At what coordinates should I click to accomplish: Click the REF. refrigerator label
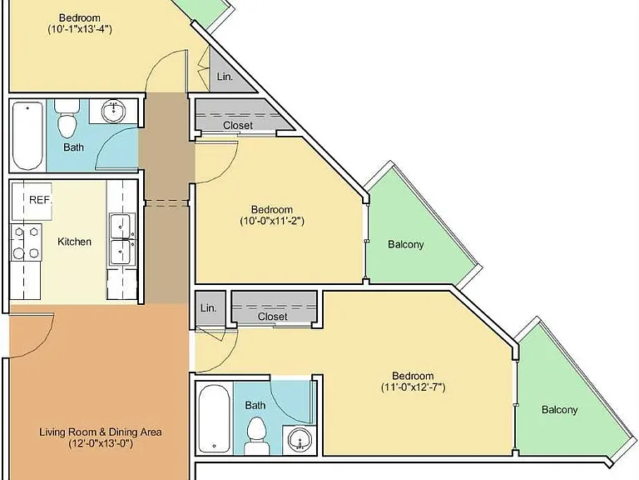point(41,200)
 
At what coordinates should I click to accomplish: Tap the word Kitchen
point(74,242)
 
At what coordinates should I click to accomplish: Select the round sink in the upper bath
point(114,111)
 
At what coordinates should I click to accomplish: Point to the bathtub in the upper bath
point(27,136)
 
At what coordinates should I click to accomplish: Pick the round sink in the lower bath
point(300,440)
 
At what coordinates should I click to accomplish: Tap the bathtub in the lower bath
point(214,418)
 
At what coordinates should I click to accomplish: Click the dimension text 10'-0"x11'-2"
point(272,221)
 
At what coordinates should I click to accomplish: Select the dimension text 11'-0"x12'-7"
point(414,387)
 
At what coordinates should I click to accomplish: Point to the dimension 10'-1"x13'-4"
point(80,29)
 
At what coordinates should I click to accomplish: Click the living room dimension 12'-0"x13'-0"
point(101,443)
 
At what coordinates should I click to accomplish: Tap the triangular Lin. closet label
point(225,77)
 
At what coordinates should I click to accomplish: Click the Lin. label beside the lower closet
point(208,308)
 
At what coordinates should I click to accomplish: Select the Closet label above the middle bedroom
point(238,125)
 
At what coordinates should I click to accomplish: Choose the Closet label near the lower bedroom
point(273,317)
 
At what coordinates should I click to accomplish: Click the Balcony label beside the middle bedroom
point(406,244)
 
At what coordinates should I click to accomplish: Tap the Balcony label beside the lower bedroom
point(559,409)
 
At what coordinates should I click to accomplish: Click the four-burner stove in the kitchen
point(26,242)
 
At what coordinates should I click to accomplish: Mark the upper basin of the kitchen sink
point(121,226)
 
